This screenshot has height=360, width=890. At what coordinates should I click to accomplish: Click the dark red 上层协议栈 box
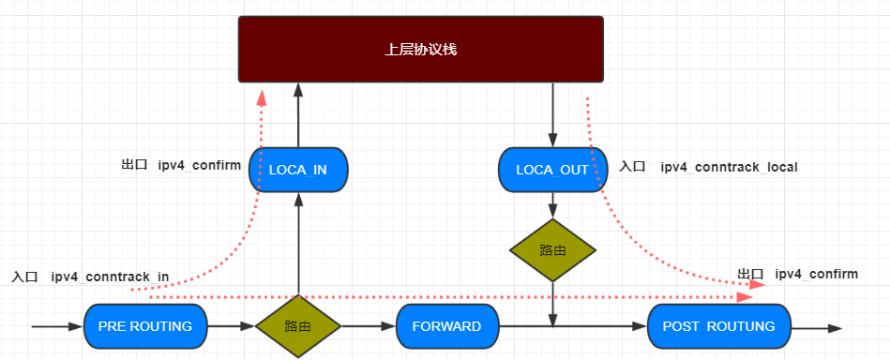(x=420, y=49)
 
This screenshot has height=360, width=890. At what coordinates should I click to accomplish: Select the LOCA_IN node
(x=298, y=170)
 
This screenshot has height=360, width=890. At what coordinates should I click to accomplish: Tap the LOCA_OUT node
(x=552, y=170)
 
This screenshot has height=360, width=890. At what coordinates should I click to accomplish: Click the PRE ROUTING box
(x=144, y=326)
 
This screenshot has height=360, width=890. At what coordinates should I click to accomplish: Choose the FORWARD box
(x=446, y=326)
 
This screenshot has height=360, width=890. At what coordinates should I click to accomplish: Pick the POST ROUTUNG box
(x=718, y=326)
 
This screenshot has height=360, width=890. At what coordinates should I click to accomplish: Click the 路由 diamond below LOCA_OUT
(x=552, y=250)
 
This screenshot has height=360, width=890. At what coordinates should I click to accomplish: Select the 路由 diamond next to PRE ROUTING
(x=298, y=326)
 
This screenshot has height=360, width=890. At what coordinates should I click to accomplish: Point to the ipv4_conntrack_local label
(x=729, y=168)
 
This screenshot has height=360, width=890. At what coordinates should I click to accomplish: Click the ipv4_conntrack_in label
(x=110, y=277)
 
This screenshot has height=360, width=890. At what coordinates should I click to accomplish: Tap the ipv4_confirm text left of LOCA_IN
(x=199, y=165)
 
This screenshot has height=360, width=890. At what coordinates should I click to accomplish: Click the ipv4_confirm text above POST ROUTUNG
(x=816, y=274)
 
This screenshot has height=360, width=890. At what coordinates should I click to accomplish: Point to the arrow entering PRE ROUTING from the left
(x=56, y=326)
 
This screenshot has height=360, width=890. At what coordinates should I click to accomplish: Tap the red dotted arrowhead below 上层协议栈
(x=261, y=97)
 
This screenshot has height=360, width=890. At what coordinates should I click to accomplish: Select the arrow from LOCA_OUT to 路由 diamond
(x=552, y=205)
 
